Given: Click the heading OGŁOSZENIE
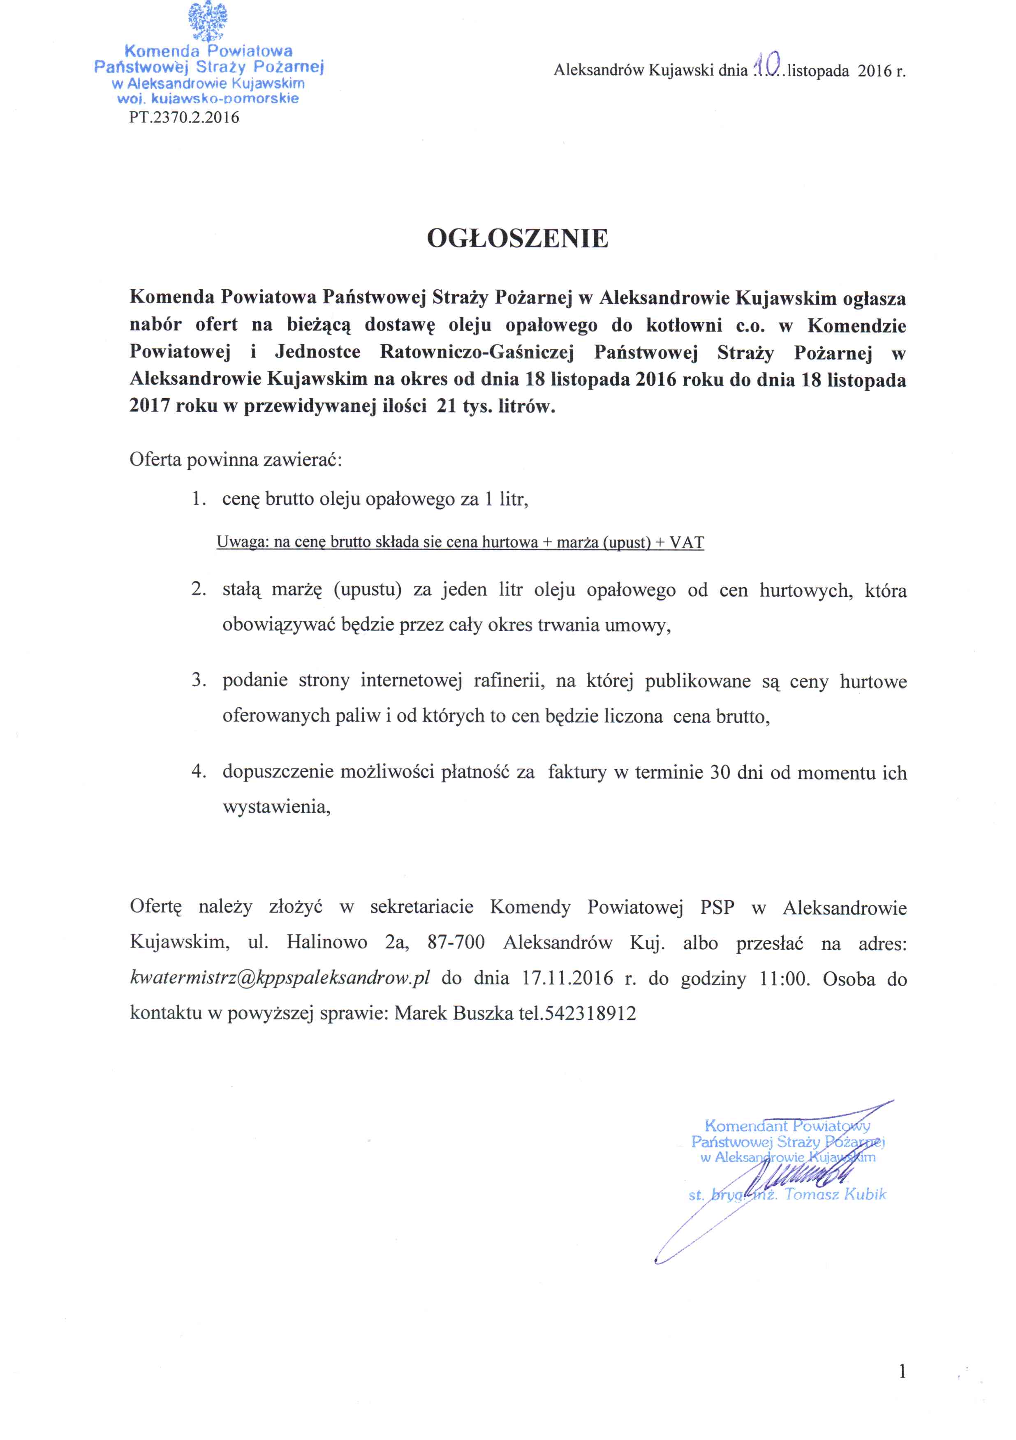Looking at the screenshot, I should (517, 238).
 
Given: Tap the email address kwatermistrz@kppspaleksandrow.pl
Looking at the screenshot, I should (279, 978).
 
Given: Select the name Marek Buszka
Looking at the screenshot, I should (453, 1013).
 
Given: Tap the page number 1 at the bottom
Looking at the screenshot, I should (902, 1372).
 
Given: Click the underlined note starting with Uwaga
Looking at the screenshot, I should (460, 542).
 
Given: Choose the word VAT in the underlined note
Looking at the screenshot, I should (687, 542).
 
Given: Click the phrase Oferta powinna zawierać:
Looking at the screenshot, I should (235, 460).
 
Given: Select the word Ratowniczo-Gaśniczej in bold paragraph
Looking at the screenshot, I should (477, 353).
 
